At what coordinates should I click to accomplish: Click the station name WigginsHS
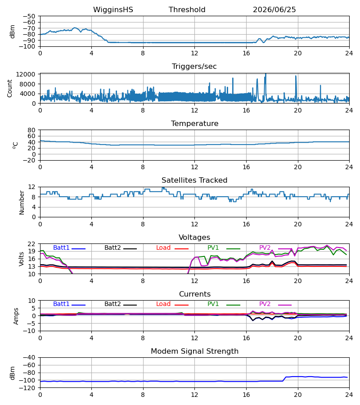coord(113,10)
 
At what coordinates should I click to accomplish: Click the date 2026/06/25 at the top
coord(274,10)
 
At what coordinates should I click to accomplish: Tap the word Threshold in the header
coord(187,10)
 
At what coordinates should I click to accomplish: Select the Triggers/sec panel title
coord(194,67)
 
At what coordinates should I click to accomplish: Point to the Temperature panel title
coord(194,123)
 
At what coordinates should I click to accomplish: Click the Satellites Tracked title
coord(194,180)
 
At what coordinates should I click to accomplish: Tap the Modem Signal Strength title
coord(194,351)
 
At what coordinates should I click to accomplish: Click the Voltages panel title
coord(194,237)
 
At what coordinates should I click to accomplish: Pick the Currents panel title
coord(195,294)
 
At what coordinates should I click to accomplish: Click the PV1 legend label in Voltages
coord(213,247)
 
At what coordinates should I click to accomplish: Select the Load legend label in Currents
coord(163,304)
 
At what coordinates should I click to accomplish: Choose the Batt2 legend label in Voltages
coord(112,247)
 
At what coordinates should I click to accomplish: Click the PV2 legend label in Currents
coord(265,304)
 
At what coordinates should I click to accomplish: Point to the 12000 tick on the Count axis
coord(26,74)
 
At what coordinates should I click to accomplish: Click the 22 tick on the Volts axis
coord(31,244)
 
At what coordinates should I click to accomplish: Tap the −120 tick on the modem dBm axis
coord(29,388)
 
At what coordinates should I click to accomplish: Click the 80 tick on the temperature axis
coord(31,130)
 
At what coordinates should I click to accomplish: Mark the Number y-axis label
coord(22,203)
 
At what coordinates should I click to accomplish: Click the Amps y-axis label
coord(16,316)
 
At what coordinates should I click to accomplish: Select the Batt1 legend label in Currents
coord(61,304)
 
